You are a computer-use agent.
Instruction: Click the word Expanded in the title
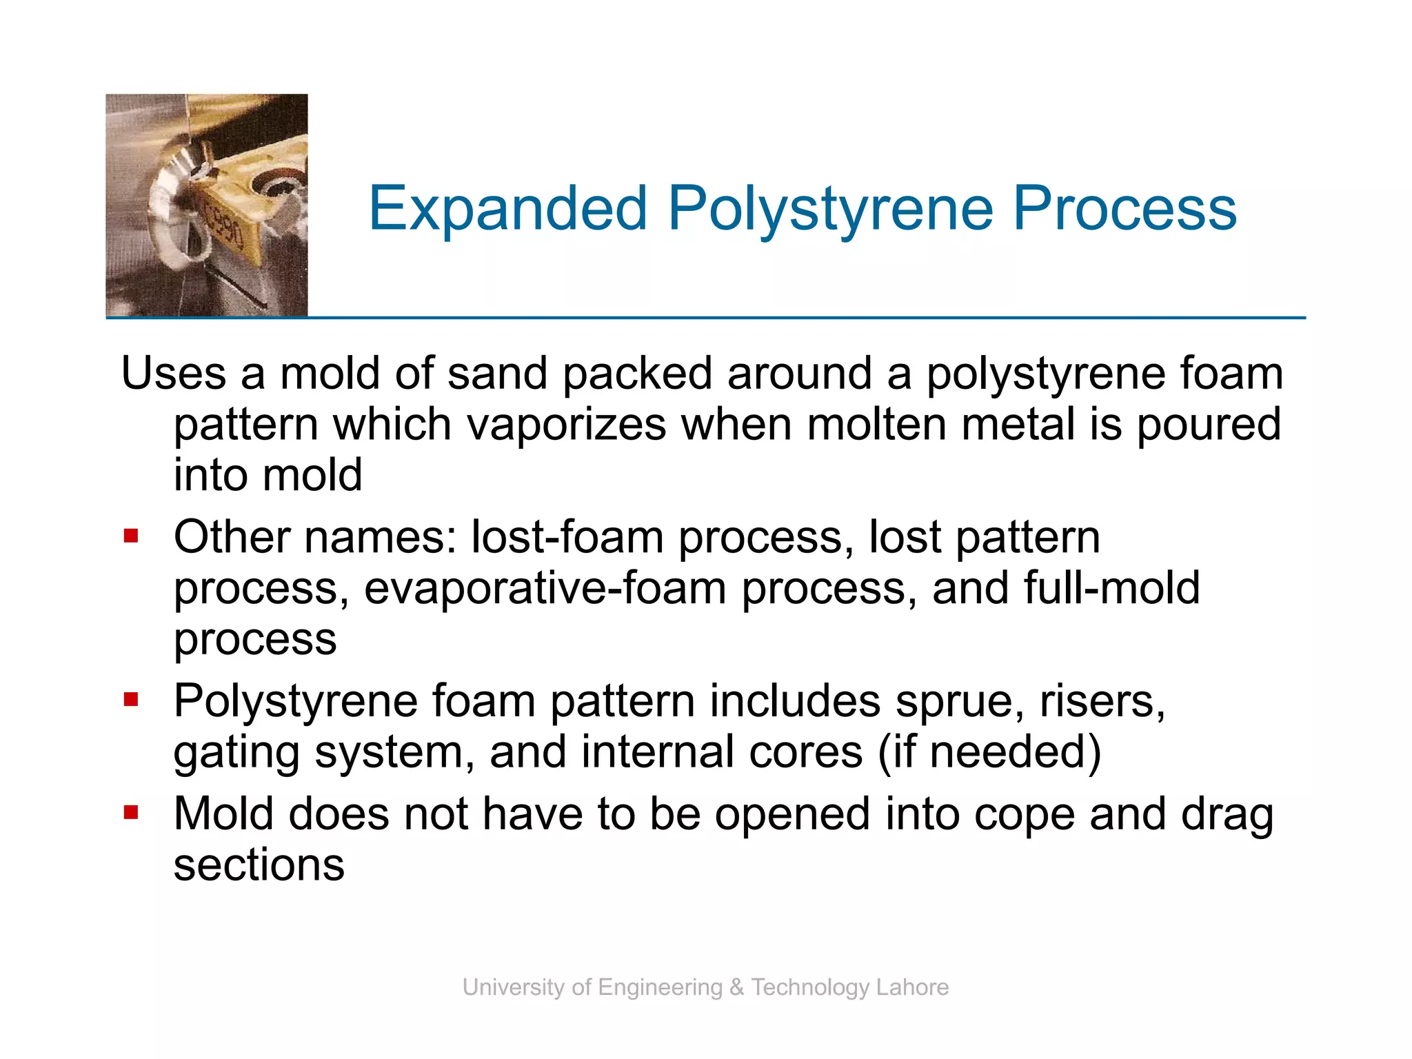click(x=508, y=208)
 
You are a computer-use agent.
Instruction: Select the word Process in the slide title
click(x=1124, y=208)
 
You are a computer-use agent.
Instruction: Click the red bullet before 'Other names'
click(x=131, y=536)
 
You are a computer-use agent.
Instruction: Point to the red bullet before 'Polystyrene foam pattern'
click(x=131, y=700)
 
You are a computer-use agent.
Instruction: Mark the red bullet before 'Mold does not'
click(x=131, y=813)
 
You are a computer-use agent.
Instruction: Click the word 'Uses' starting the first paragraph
click(x=173, y=373)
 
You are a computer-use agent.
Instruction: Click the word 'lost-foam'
click(x=567, y=537)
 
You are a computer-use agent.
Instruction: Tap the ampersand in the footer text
click(x=736, y=987)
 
